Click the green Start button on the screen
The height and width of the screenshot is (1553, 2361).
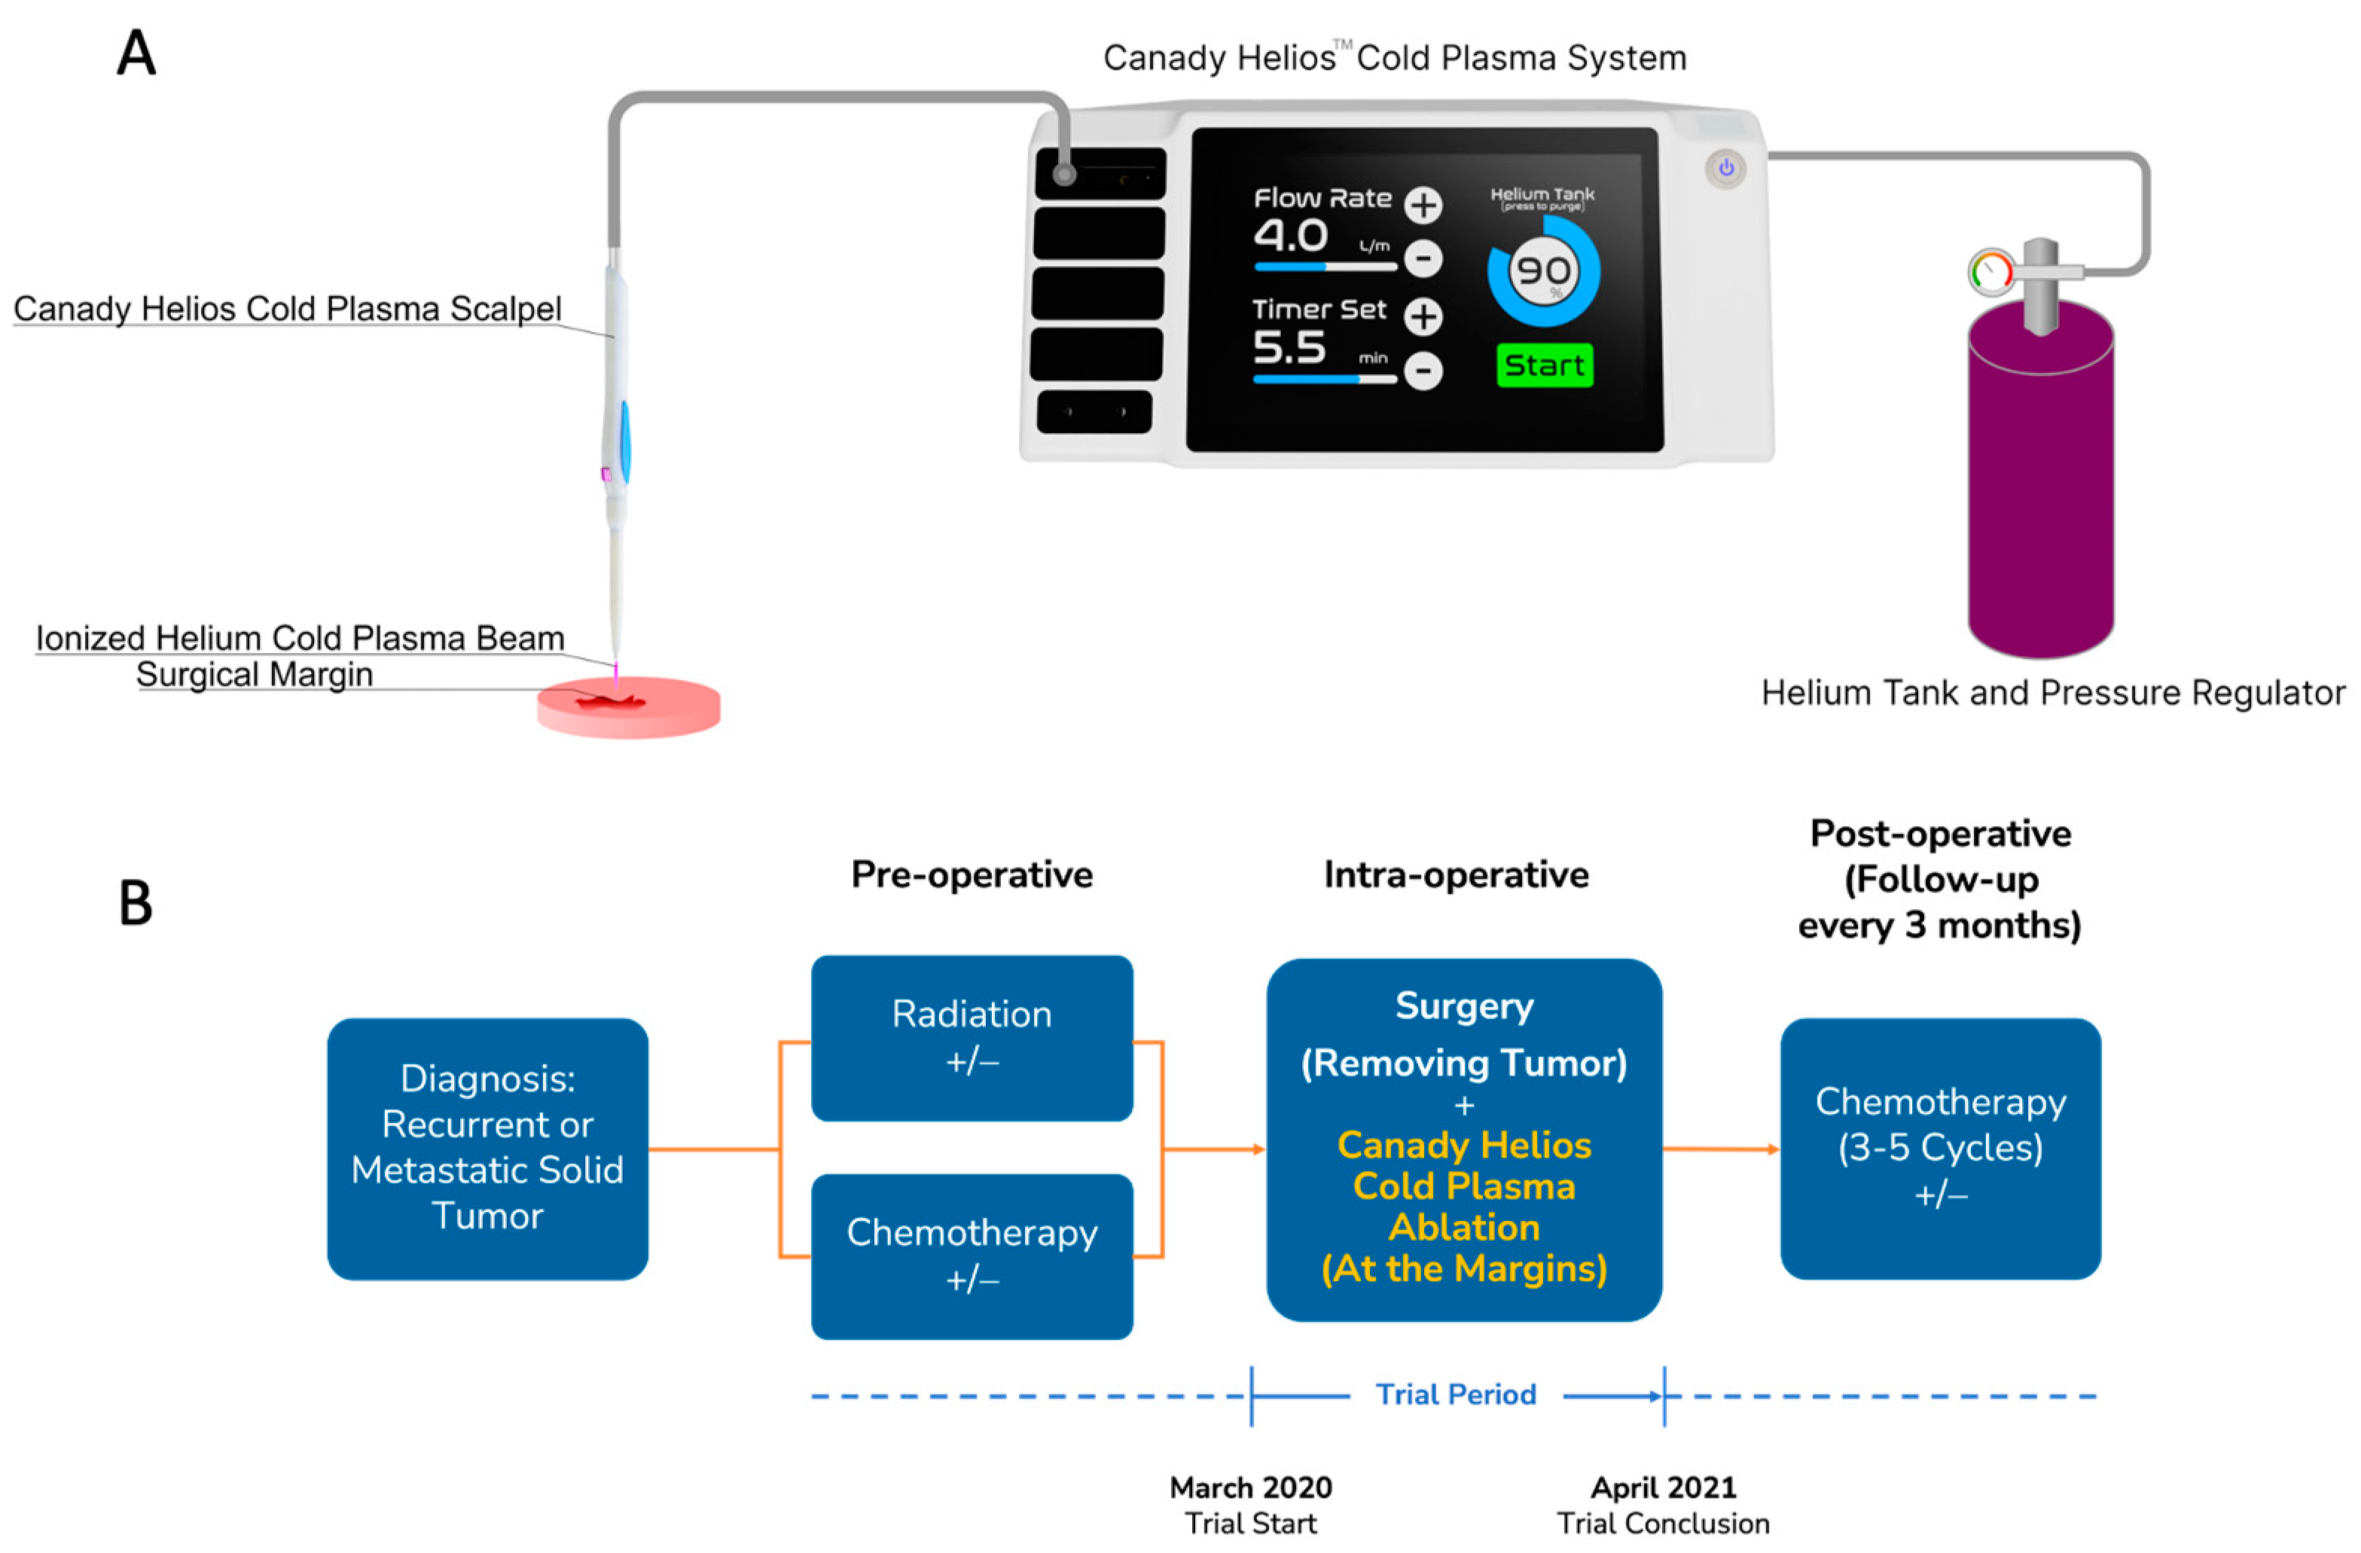1544,365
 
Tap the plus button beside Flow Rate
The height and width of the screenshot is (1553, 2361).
1423,206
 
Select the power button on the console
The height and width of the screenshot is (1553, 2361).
1726,169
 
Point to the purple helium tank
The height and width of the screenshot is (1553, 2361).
2041,487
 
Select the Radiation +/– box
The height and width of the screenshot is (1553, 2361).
972,1037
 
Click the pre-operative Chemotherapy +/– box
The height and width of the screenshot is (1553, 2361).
972,1256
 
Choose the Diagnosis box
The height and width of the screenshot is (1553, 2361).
487,1148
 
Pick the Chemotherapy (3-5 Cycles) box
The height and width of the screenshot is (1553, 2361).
1939,1148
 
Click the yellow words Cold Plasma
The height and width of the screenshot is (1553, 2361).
1463,1185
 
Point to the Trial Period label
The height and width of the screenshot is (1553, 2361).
1455,1394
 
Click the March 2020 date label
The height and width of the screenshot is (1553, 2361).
1251,1487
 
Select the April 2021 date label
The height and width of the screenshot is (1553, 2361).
1664,1487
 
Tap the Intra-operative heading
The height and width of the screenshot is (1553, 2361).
1455,874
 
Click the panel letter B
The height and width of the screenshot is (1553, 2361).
136,903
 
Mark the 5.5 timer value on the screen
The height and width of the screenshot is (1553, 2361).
1289,347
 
